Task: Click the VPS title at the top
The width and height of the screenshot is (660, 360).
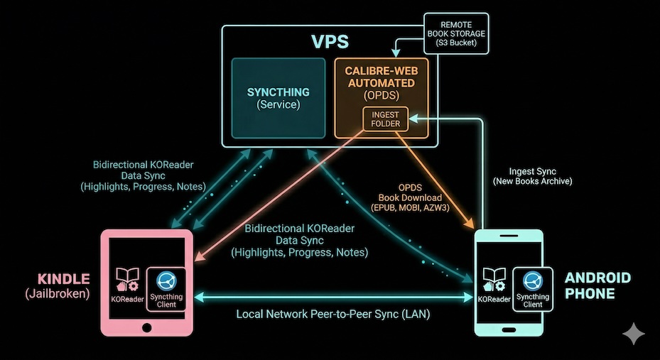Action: coord(330,41)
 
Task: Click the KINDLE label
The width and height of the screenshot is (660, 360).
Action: coord(63,279)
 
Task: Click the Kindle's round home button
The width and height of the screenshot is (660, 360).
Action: coord(147,328)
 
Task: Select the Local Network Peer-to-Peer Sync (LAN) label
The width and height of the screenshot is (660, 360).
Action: coord(333,313)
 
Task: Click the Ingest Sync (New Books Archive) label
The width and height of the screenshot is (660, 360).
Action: coord(532,176)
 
